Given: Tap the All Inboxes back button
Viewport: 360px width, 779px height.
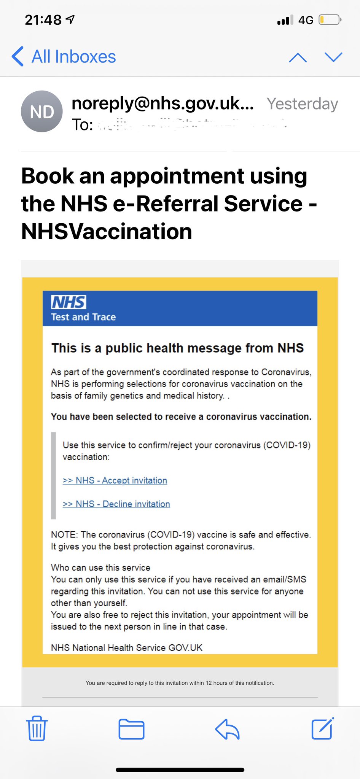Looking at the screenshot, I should click(64, 57).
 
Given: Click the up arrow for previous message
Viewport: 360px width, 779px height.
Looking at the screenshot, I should click(298, 57).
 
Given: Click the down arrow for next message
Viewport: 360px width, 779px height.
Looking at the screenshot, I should click(333, 57).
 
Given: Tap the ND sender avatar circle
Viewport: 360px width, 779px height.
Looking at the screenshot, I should click(41, 111).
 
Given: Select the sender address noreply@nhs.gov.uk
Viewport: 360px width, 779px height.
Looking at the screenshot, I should click(162, 103).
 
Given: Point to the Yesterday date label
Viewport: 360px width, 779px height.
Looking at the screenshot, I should click(302, 104).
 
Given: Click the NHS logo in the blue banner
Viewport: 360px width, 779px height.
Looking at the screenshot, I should click(68, 302).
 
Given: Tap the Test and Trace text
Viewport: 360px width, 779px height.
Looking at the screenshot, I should click(83, 317).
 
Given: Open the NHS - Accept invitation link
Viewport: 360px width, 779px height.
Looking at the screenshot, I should click(115, 480).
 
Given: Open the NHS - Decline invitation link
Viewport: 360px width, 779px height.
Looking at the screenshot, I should click(116, 504).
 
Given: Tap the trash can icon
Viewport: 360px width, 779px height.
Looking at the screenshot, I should click(37, 728).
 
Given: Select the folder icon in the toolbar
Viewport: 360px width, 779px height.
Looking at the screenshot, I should click(131, 729).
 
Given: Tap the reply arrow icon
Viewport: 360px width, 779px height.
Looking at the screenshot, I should click(227, 729).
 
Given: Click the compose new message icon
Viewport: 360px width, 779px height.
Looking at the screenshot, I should click(322, 728).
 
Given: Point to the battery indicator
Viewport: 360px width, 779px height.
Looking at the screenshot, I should click(330, 20).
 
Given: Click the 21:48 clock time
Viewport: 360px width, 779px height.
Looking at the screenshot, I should click(43, 20).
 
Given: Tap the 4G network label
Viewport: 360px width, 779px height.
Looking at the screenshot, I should click(306, 20).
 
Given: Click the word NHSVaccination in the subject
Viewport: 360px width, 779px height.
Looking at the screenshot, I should click(107, 232).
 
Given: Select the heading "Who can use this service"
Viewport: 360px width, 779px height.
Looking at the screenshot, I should click(100, 568).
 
